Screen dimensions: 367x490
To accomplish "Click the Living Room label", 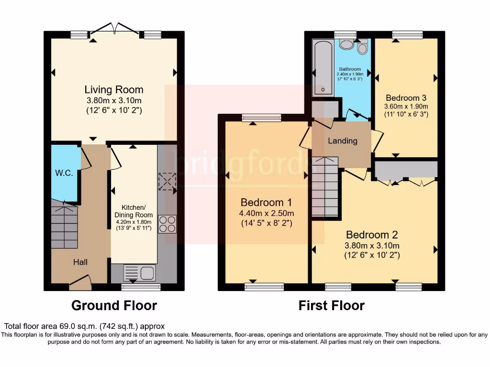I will pyautogui.click(x=114, y=90).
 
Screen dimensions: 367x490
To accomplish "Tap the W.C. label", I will pyautogui.click(x=64, y=173).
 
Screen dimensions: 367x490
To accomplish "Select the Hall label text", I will pyautogui.click(x=80, y=262).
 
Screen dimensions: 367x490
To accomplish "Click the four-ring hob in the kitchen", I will pyautogui.click(x=167, y=224).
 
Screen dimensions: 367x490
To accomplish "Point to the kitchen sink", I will pyautogui.click(x=140, y=273).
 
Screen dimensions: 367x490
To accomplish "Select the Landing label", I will pyautogui.click(x=342, y=141).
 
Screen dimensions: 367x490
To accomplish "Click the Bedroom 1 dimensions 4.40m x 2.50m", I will pyautogui.click(x=267, y=213).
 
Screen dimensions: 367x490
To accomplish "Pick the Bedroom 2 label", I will pyautogui.click(x=372, y=235).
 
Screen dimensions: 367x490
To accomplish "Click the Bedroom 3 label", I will pyautogui.click(x=406, y=96).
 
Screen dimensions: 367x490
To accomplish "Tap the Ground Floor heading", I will pyautogui.click(x=114, y=305).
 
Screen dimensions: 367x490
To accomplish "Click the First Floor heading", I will pyautogui.click(x=332, y=305).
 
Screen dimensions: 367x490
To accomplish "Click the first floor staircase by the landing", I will pyautogui.click(x=325, y=186).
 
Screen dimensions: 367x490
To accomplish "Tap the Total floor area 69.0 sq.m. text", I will pyautogui.click(x=85, y=326).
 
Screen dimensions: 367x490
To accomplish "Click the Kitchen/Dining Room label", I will pyautogui.click(x=133, y=211).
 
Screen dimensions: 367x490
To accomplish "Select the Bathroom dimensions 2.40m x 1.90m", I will pyautogui.click(x=350, y=74).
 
